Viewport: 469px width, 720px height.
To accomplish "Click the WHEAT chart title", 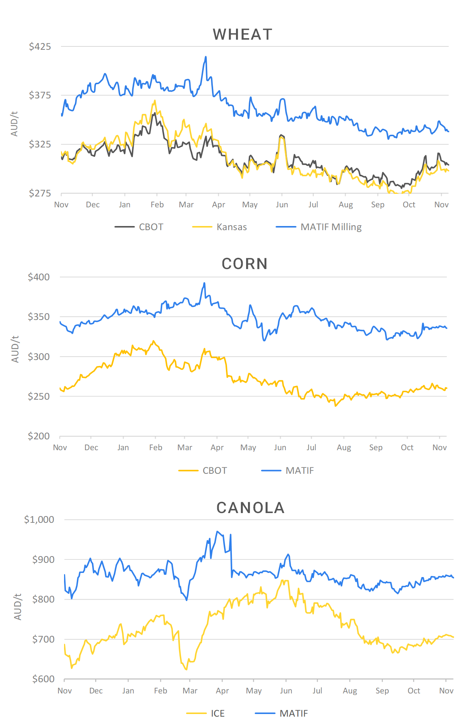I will point(242,34).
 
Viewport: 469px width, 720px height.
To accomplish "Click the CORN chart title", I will point(245,264).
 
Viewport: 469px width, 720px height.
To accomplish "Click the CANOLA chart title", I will point(250,508).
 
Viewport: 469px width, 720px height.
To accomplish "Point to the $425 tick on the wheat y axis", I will point(40,47).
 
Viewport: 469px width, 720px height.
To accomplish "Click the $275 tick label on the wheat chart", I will point(40,193).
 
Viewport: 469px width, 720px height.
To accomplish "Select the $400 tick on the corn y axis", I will point(39,277).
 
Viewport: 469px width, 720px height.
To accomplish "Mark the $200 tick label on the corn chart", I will point(39,436).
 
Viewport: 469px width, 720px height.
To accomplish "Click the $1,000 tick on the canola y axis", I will point(39,520).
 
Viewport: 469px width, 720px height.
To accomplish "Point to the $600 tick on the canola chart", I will point(43,679).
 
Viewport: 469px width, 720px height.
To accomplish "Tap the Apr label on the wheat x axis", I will point(218,205).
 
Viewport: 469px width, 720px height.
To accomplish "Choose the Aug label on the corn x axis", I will point(344,448).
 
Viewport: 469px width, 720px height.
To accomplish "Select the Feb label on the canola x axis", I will point(160,691).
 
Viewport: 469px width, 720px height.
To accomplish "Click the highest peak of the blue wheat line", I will point(206,57).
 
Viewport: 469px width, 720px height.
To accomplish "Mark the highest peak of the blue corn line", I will point(205,283).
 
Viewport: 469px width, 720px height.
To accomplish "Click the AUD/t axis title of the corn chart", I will point(15,349).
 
